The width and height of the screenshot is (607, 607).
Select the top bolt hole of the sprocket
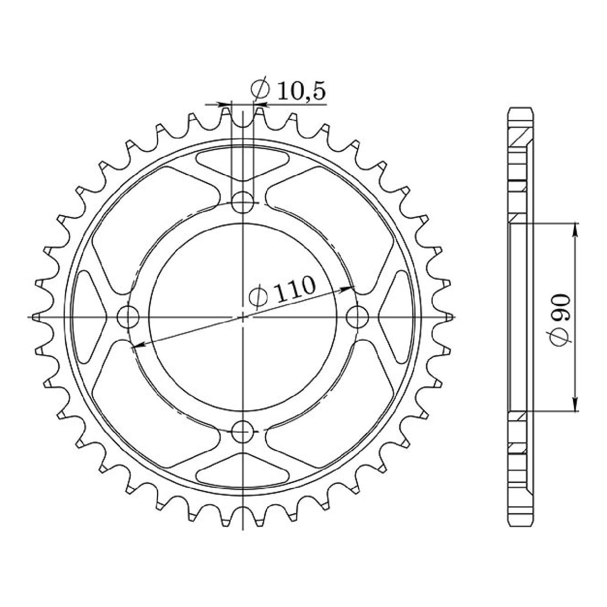pyautogui.click(x=242, y=202)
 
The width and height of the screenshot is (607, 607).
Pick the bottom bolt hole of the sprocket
pyautogui.click(x=242, y=432)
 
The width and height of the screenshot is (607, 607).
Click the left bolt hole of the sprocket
pyautogui.click(x=127, y=317)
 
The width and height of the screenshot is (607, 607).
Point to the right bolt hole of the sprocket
pyautogui.click(x=357, y=317)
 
